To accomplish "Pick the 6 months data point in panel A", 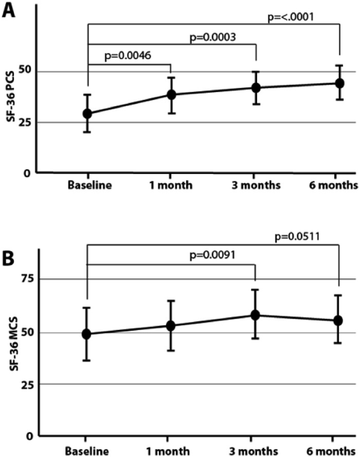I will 339,83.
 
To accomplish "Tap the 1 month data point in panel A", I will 171,95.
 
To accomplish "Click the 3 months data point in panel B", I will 255,315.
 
